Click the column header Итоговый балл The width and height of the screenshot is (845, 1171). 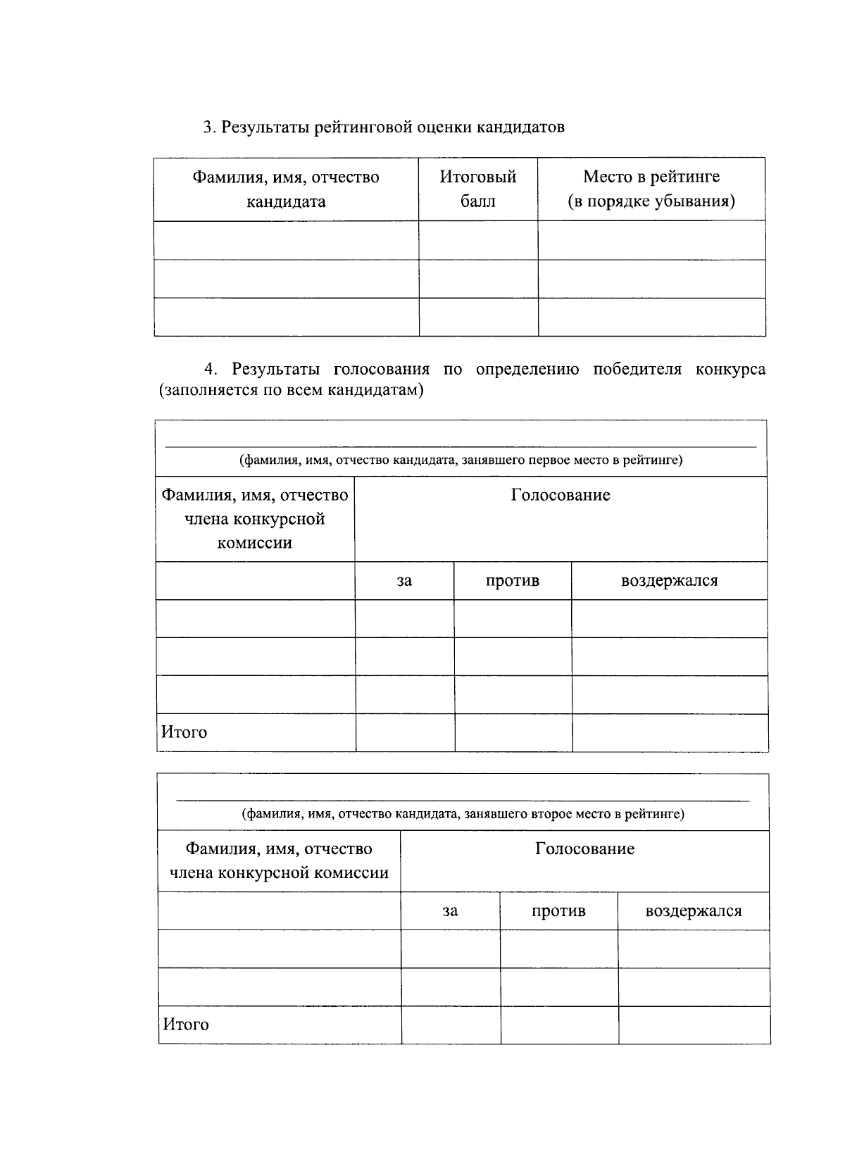coord(478,189)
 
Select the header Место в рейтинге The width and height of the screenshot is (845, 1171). coord(651,189)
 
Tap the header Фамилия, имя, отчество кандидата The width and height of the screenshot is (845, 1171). coord(286,189)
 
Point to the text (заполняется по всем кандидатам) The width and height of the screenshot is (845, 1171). coord(292,390)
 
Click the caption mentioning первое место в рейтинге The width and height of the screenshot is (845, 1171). coord(461,461)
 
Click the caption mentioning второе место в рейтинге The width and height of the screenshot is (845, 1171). coord(463,815)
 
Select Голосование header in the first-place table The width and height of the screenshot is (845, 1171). coord(561,495)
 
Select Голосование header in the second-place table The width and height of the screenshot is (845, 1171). coord(584,849)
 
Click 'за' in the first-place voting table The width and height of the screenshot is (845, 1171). coord(404,581)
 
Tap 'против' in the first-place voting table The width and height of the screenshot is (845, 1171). coord(513,581)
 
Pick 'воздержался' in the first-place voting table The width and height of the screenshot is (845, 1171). coord(669,581)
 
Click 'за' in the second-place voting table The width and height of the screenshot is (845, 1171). coord(450,911)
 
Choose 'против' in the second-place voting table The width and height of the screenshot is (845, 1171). coord(558,911)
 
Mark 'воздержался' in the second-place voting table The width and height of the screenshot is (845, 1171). coord(694,911)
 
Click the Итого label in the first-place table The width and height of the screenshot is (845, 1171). coord(184,732)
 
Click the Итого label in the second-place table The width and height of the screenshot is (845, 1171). coord(186,1025)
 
